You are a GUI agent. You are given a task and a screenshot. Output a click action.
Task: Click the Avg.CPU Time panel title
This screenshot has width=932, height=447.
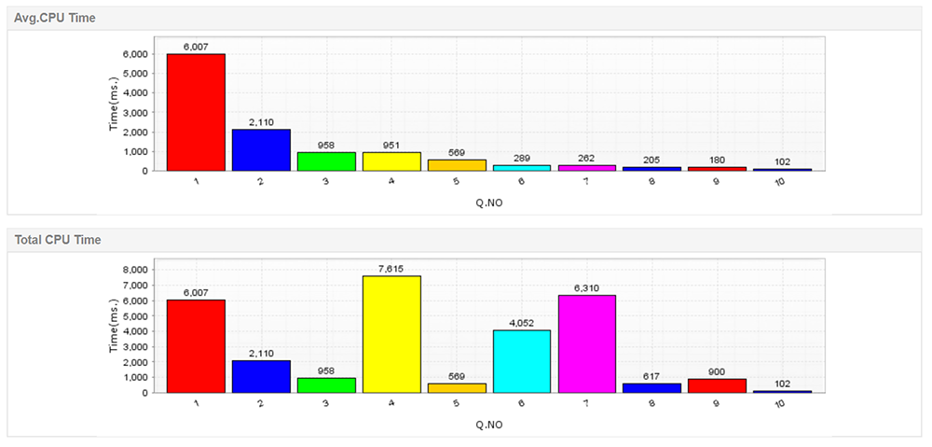[54, 18]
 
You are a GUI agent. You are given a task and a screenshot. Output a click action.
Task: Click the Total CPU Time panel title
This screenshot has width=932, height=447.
[58, 240]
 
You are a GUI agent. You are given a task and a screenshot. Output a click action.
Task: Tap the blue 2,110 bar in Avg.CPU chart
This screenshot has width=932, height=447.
[261, 150]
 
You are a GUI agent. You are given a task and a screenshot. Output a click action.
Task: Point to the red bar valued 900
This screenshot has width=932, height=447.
[718, 385]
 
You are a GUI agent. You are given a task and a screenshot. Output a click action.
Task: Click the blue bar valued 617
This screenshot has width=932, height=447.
[652, 387]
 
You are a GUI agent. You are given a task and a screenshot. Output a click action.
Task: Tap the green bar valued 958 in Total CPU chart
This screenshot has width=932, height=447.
[326, 384]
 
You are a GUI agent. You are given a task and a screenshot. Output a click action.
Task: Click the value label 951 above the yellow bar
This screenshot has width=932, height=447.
[391, 145]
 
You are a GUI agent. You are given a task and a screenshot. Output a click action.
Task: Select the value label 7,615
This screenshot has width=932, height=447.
[391, 268]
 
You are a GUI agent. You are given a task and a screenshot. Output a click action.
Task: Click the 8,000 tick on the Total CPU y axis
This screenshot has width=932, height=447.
[135, 270]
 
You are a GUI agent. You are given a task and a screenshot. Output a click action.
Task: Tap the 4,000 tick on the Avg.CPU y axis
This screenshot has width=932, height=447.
[135, 92]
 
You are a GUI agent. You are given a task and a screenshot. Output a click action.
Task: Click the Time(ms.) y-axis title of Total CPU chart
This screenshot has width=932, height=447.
[114, 326]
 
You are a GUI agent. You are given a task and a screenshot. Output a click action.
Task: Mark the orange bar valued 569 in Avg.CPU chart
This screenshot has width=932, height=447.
[457, 165]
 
